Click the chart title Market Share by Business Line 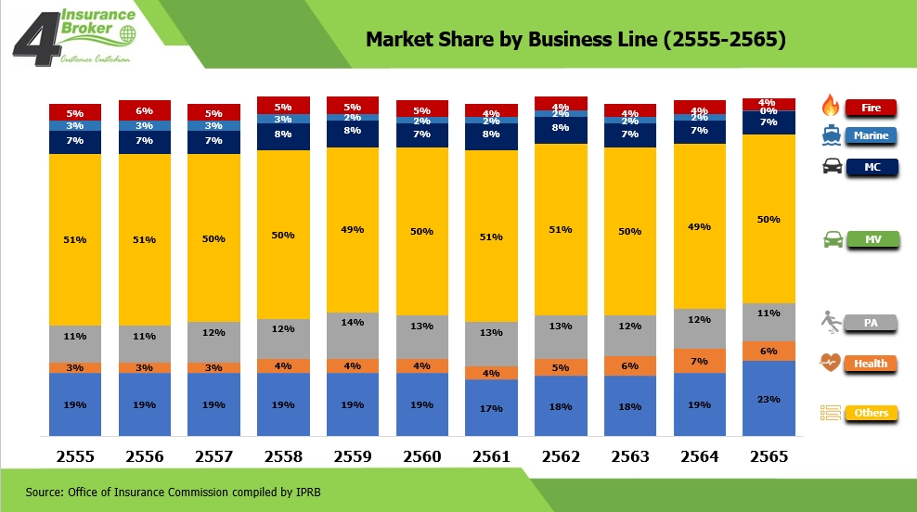[x=575, y=40]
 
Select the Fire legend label [x=871, y=108]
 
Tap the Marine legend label [x=871, y=135]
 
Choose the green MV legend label [x=871, y=240]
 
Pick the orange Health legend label [x=871, y=364]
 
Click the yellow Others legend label [x=871, y=413]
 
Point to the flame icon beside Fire [x=831, y=107]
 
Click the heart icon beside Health [x=831, y=363]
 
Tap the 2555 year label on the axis [x=75, y=456]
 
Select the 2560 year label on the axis [x=422, y=456]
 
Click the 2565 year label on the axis [x=769, y=456]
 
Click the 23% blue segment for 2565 [x=769, y=399]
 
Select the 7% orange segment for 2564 [x=700, y=361]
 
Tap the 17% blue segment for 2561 [x=491, y=408]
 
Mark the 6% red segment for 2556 [x=145, y=109]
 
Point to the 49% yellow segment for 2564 [x=700, y=226]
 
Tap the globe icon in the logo [x=126, y=34]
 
